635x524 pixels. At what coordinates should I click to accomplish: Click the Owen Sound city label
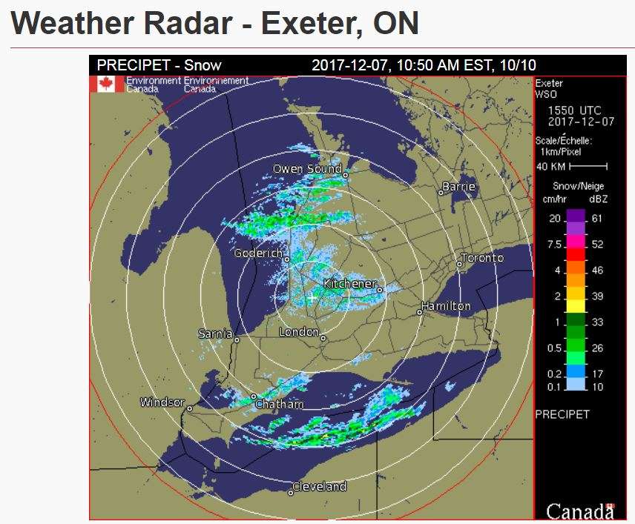point(308,169)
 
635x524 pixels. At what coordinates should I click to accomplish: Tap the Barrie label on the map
point(458,186)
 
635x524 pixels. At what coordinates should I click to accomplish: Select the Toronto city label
point(482,258)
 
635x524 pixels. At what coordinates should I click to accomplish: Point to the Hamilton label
point(446,305)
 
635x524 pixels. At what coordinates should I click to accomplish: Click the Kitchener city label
point(349,284)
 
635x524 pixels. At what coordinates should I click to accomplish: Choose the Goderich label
point(258,253)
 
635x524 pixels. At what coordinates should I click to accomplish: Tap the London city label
point(299,332)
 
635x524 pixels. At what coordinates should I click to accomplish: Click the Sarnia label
point(216,334)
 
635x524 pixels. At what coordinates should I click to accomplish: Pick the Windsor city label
point(162,402)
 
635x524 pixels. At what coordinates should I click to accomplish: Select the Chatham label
point(279,405)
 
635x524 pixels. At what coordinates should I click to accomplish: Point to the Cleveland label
point(320,487)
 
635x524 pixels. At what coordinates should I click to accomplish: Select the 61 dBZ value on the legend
point(597,219)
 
